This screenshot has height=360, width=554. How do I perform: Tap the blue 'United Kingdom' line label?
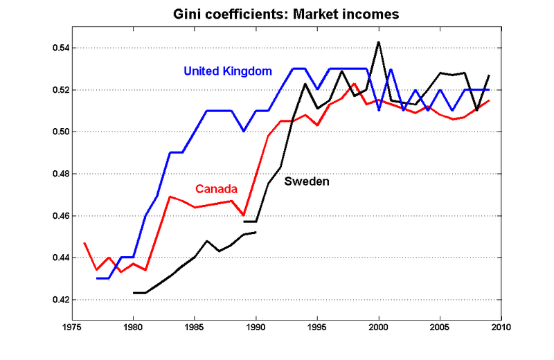tap(227, 71)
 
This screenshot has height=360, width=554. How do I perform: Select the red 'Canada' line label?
tap(217, 189)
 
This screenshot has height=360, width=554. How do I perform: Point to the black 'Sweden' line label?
tap(307, 182)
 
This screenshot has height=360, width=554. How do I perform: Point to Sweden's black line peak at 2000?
tap(379, 42)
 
